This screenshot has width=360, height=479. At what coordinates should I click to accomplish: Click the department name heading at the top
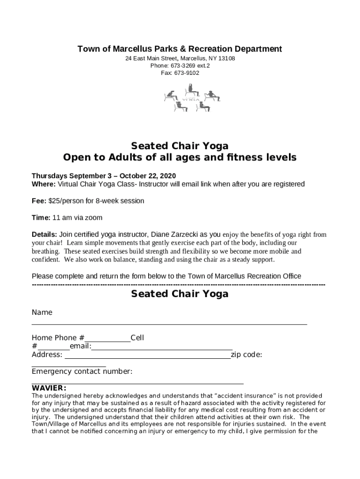coord(180,49)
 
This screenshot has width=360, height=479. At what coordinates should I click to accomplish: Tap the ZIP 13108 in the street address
coord(226,58)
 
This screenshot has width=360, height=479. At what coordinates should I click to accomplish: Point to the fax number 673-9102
coord(186,73)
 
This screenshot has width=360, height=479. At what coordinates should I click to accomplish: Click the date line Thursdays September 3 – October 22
coord(103,176)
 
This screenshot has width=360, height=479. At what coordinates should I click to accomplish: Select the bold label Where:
coord(43,184)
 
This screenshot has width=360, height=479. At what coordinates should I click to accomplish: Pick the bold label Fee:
coord(39,201)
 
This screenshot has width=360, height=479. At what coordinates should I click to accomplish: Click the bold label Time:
coord(41,218)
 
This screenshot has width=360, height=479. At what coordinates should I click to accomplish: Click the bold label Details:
coord(44,234)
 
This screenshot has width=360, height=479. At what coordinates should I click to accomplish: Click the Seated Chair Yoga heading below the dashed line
coord(180,294)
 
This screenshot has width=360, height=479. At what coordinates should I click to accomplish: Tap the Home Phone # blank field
coord(108,341)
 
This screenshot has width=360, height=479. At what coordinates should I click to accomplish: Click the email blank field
coord(162,348)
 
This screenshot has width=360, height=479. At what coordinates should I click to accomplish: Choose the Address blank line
coord(147,357)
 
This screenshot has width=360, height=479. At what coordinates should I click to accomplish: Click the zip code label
coord(246,355)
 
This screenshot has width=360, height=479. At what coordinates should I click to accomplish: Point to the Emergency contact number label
coord(82,371)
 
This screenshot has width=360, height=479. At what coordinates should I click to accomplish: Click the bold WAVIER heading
coord(49,388)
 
